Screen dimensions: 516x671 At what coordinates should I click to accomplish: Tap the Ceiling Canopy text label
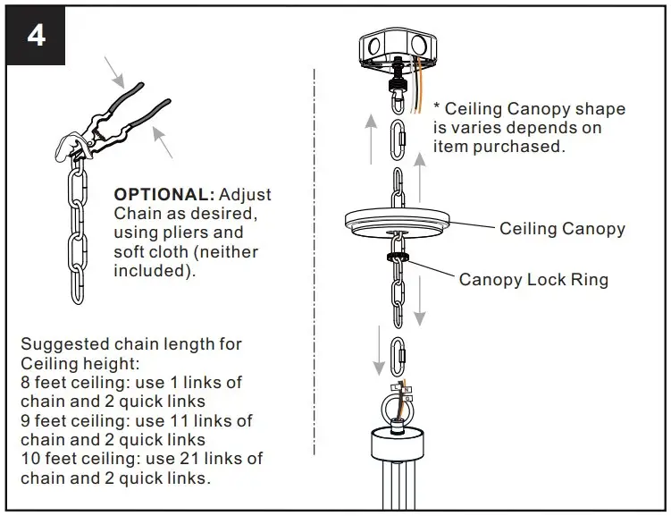point(562,229)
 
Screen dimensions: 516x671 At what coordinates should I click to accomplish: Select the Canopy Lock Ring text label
point(533,280)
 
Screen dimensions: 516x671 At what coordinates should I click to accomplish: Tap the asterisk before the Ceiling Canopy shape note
point(437,108)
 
